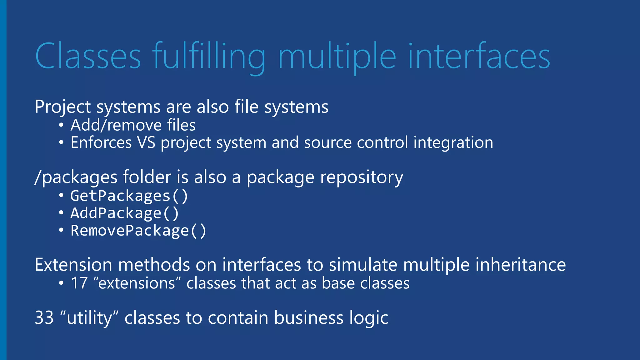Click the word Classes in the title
[88, 56]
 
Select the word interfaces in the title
[479, 56]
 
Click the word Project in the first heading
[62, 107]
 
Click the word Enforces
[101, 142]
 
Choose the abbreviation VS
[146, 142]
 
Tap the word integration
[453, 142]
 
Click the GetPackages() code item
[129, 196]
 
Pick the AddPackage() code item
[125, 213]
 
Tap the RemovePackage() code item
[138, 231]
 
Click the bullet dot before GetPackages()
[61, 196]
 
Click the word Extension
[73, 265]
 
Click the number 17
[79, 283]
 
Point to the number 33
[44, 318]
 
